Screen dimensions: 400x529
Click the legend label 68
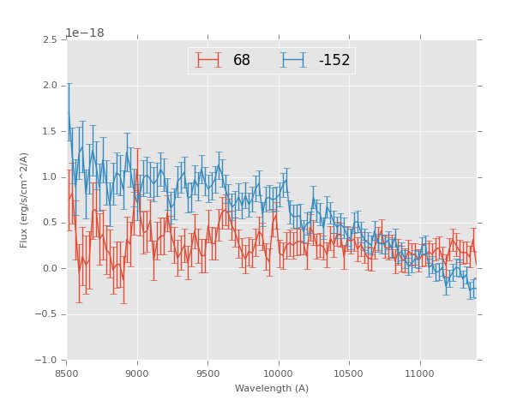coord(242,61)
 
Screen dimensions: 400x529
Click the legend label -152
coord(334,61)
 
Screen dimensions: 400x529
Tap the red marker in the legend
coord(208,60)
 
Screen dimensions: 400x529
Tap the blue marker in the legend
coord(294,60)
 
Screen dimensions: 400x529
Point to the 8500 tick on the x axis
coord(67,373)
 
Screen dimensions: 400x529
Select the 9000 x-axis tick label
coord(137,373)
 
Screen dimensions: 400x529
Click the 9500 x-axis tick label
coord(207,373)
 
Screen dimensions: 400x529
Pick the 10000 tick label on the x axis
coord(279,373)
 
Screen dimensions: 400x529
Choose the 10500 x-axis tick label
coord(349,373)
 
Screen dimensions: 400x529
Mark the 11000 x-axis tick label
coord(419,373)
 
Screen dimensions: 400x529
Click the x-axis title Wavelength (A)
coord(272,388)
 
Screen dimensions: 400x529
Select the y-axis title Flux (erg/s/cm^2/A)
coord(24,200)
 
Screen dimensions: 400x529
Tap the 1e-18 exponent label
coord(84,33)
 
